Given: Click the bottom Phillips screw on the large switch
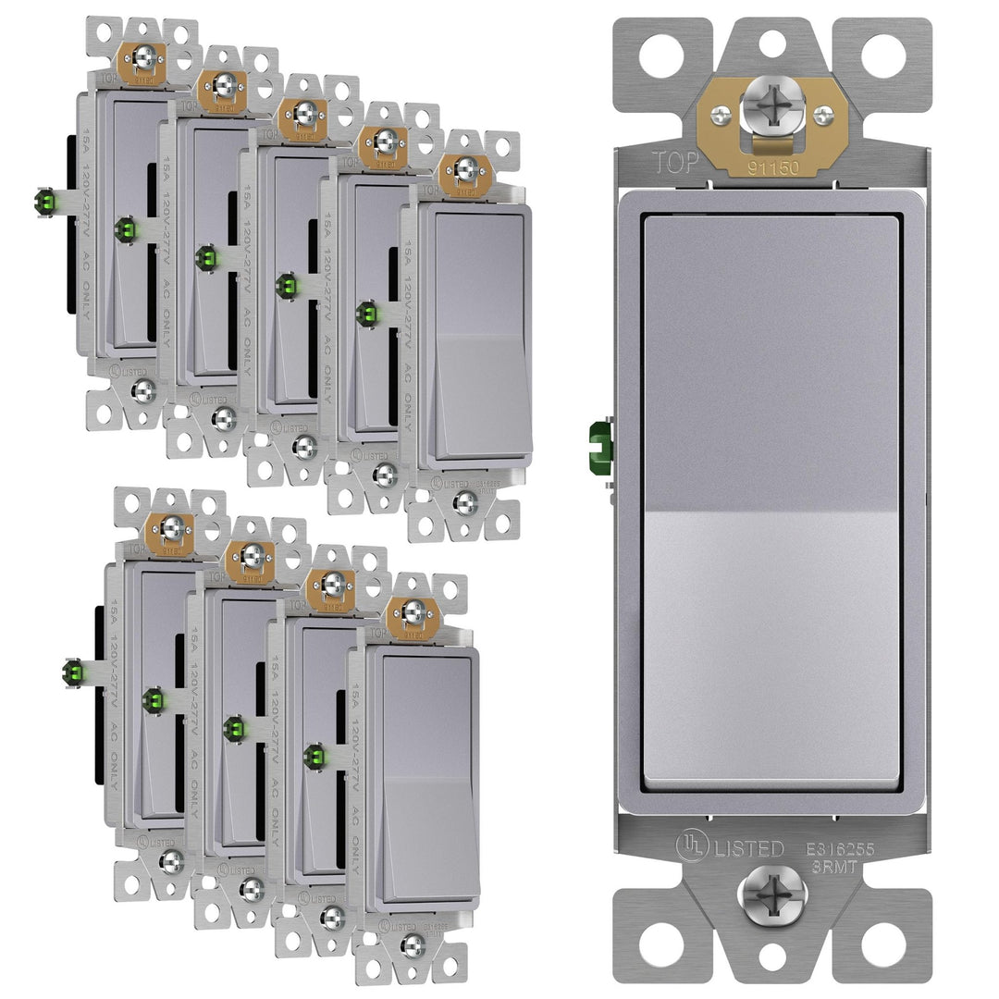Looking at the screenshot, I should (x=772, y=895).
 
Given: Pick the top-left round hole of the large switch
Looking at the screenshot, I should (x=662, y=56).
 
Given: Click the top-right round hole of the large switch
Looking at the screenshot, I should (x=883, y=56).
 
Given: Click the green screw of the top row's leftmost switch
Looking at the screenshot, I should (x=43, y=202).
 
